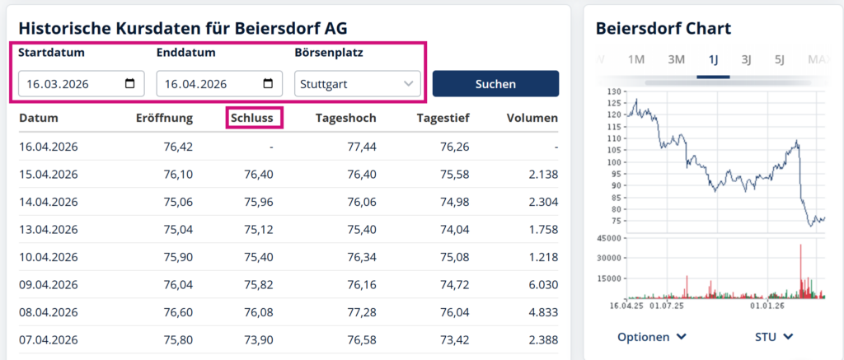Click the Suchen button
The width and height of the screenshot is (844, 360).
click(x=495, y=83)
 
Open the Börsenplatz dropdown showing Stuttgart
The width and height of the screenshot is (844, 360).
click(x=357, y=83)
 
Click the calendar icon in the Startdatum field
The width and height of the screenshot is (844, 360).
click(x=130, y=83)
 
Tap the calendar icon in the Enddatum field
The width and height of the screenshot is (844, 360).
click(x=268, y=83)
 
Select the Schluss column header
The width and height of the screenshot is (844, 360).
click(x=255, y=118)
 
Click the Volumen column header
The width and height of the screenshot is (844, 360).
click(x=532, y=118)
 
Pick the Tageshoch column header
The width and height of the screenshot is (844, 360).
click(x=345, y=118)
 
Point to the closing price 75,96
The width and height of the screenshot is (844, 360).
click(x=258, y=202)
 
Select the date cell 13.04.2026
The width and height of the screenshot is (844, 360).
click(x=48, y=229)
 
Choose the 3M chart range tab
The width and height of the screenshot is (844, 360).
click(x=676, y=59)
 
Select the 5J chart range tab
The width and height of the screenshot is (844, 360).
click(x=780, y=59)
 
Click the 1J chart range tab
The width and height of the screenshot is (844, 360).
click(x=713, y=59)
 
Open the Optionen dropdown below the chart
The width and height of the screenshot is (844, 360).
click(x=652, y=336)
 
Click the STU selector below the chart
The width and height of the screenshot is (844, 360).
click(x=774, y=336)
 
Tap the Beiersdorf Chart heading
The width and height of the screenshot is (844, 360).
click(x=663, y=28)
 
